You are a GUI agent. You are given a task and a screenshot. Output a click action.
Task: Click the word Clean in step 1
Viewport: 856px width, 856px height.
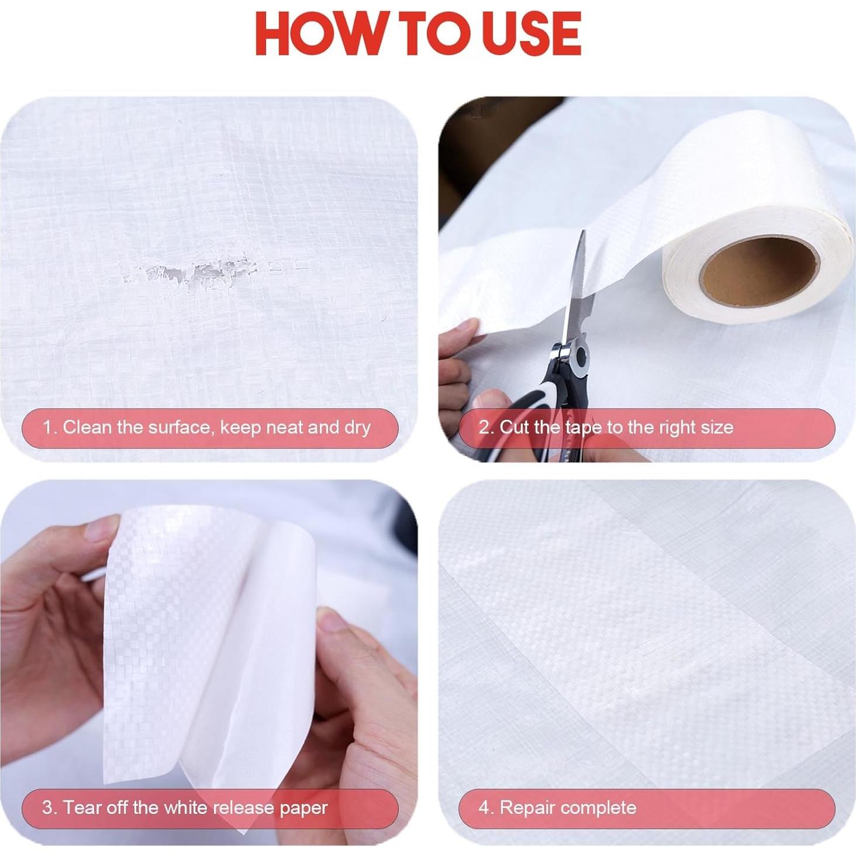pos(87,427)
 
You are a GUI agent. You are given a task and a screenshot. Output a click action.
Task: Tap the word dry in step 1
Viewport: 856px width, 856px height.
pos(357,427)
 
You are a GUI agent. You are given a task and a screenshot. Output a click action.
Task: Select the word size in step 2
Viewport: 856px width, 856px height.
pos(716,427)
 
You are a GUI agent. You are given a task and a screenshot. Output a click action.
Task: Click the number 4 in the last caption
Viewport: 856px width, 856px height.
pos(484,807)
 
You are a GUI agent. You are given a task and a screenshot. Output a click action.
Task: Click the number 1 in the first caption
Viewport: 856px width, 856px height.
pos(47,427)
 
